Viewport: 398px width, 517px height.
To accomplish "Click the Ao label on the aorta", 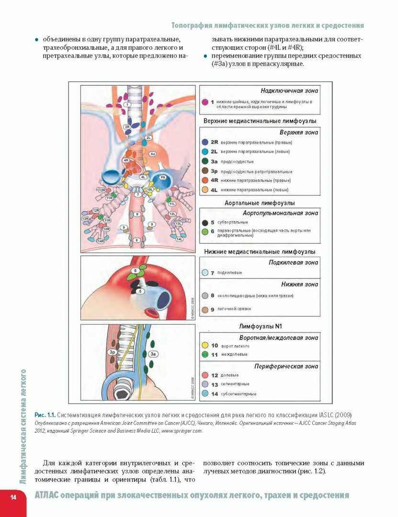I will [x=153, y=154].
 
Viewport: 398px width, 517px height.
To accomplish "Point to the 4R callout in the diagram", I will [x=126, y=160].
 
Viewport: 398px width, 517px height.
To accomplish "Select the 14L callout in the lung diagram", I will [x=180, y=239].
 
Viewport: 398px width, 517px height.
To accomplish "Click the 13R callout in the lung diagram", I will [x=86, y=219].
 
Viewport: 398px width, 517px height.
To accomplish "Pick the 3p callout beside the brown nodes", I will [x=113, y=352].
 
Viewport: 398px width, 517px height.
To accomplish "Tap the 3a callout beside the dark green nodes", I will [x=154, y=354].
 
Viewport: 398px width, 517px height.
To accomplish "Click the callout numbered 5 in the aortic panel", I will [x=140, y=291].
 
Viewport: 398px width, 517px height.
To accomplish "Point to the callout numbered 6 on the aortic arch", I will [x=136, y=271].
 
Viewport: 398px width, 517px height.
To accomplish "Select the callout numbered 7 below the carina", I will [x=137, y=195].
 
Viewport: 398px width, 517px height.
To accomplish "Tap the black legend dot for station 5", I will [x=205, y=223].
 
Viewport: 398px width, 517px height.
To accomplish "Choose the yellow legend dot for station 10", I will [x=205, y=345].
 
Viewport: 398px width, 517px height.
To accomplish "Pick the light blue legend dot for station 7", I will [x=205, y=272].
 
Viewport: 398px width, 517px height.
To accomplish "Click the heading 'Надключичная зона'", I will [x=289, y=90].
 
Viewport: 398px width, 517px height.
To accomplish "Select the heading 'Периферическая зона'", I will [x=293, y=366].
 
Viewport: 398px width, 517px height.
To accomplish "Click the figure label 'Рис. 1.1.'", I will [x=44, y=414].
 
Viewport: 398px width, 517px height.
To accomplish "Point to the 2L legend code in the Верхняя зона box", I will [x=214, y=152].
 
